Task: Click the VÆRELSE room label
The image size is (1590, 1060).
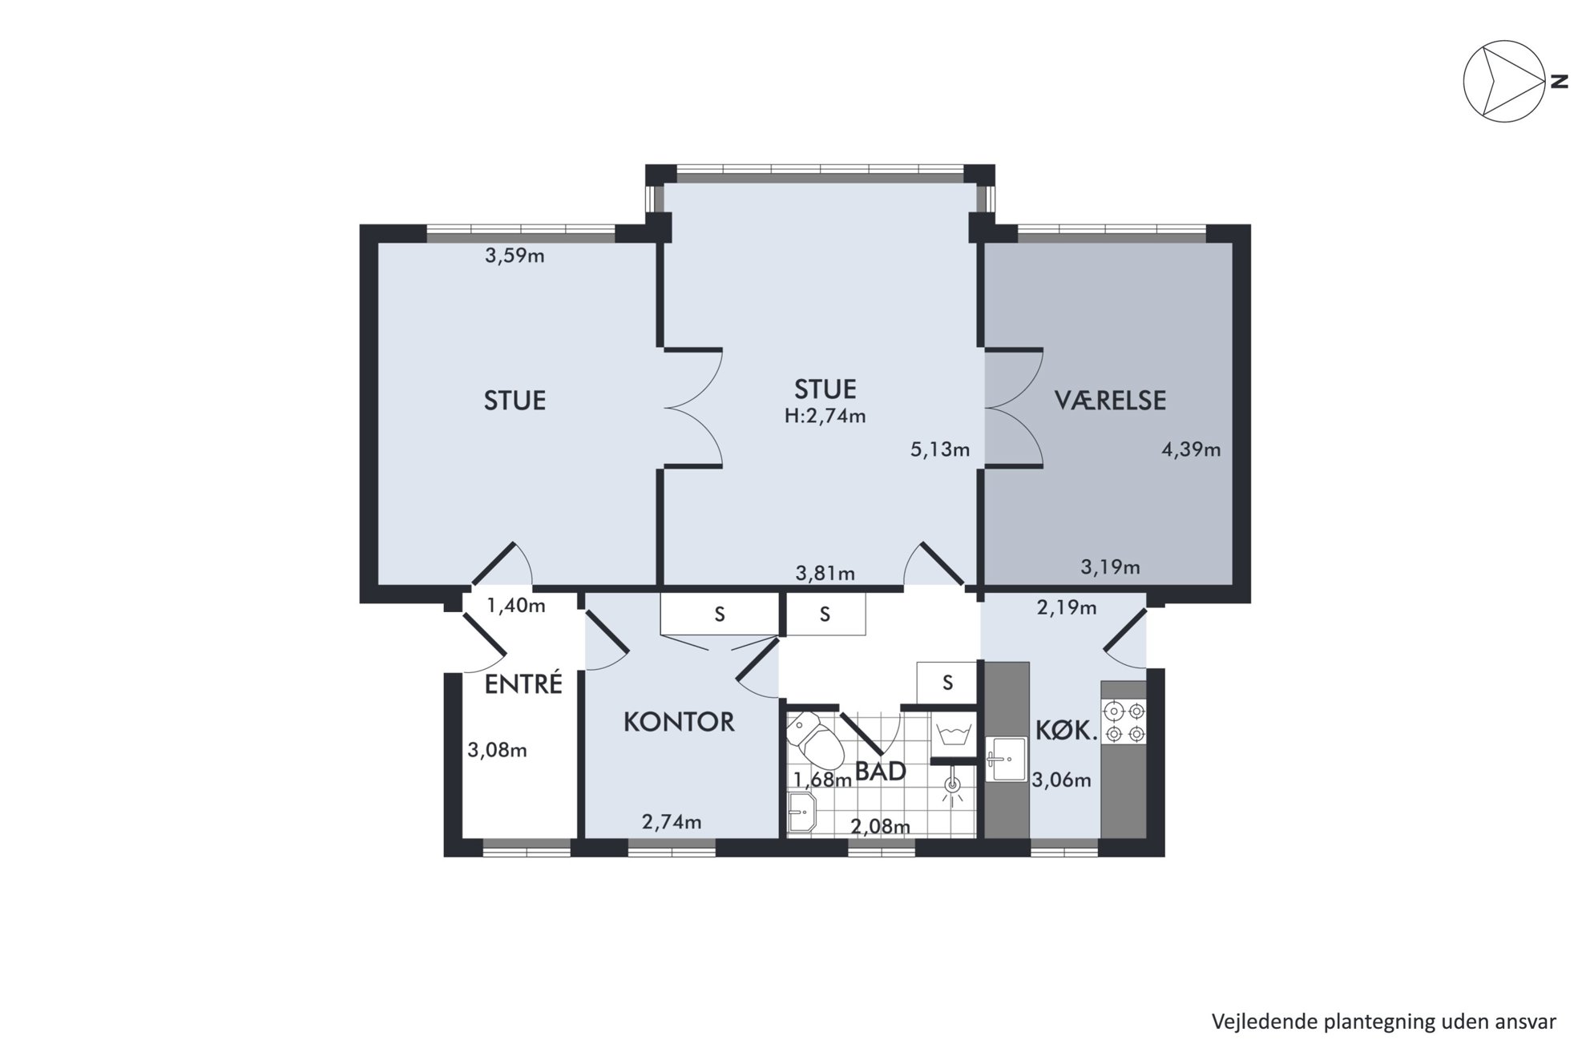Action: point(1110,400)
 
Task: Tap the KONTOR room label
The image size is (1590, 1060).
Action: point(679,722)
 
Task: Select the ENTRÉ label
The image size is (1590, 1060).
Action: point(523,683)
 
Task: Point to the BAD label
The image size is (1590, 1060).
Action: point(880,771)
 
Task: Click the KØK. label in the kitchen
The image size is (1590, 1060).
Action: point(1066,731)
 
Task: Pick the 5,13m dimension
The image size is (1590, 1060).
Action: point(940,449)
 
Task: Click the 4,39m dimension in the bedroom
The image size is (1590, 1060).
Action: point(1191,449)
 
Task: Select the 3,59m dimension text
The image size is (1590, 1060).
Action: point(515,256)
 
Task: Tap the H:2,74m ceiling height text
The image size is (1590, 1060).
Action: point(825,416)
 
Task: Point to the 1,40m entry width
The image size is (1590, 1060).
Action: point(516,606)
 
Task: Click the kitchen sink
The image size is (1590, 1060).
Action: point(1007,759)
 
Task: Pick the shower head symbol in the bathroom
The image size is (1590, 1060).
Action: point(953,788)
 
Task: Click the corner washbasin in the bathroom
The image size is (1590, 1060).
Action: point(801,813)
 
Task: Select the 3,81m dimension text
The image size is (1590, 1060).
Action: point(825,574)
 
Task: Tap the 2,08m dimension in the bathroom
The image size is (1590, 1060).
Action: point(880,826)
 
